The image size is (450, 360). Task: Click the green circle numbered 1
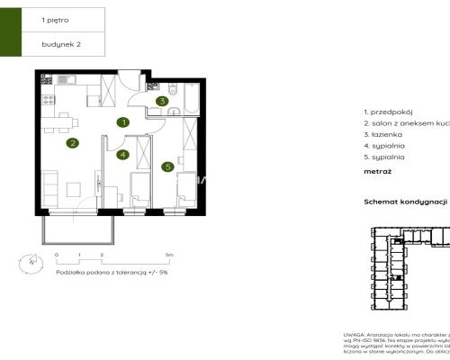click(124, 121)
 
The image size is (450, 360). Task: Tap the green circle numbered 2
click(73, 142)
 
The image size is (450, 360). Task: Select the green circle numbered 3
click(161, 102)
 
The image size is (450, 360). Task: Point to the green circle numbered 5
click(168, 166)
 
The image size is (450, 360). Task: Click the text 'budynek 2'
click(60, 43)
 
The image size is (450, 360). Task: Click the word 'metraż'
click(376, 167)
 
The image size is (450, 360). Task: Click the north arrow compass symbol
click(33, 261)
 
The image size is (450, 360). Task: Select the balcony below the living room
click(79, 229)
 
